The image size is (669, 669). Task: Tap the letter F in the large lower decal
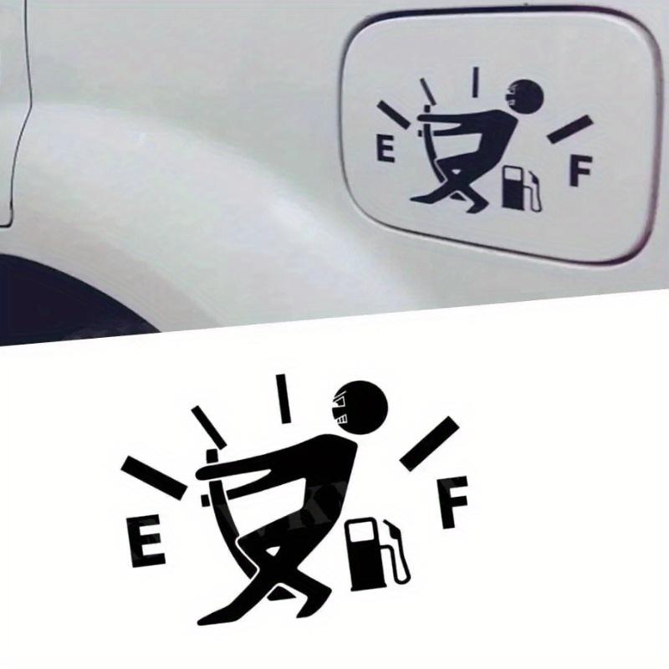(x=456, y=502)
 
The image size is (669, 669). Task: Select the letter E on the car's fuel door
(x=386, y=151)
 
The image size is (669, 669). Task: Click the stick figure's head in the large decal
(x=363, y=407)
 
